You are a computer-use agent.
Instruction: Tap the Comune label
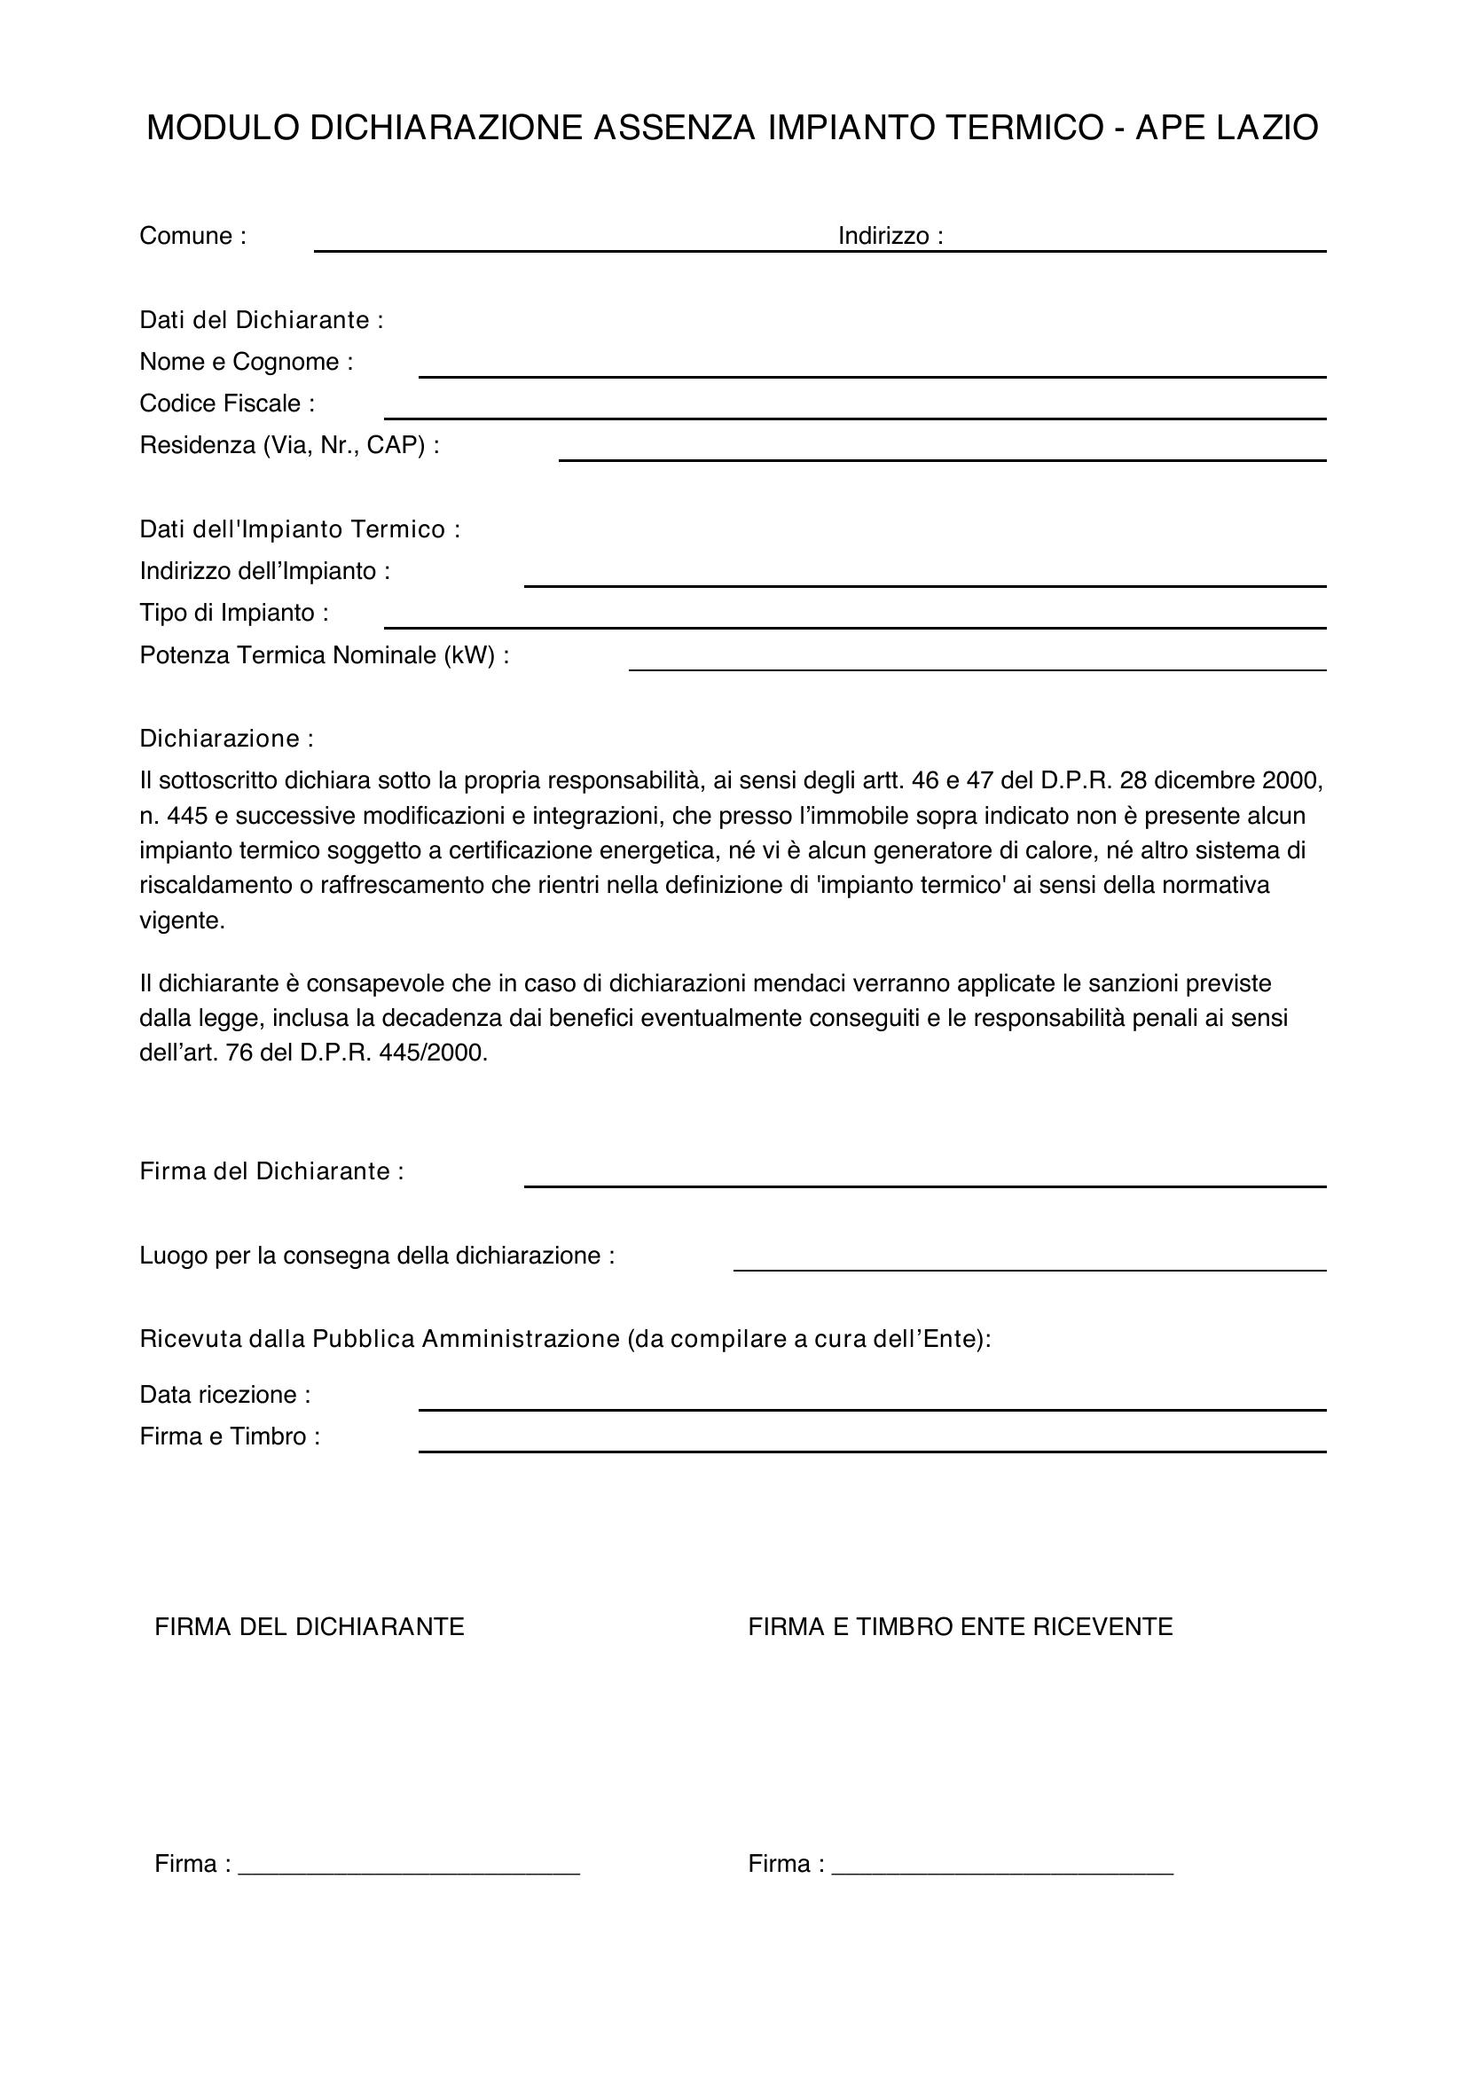[192, 236]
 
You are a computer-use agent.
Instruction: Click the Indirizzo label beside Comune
[890, 236]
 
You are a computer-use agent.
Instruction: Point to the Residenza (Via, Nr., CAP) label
[289, 445]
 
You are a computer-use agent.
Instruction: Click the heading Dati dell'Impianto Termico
[300, 529]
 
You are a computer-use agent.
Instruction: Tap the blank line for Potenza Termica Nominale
[977, 668]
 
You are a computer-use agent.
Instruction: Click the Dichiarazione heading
[226, 739]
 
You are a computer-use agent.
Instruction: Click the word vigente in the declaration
[182, 921]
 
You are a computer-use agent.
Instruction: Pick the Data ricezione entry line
[872, 1406]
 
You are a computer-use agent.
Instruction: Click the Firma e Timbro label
[230, 1436]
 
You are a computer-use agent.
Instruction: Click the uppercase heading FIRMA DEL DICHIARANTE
[309, 1627]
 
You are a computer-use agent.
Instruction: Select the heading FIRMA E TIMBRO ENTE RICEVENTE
[960, 1627]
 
